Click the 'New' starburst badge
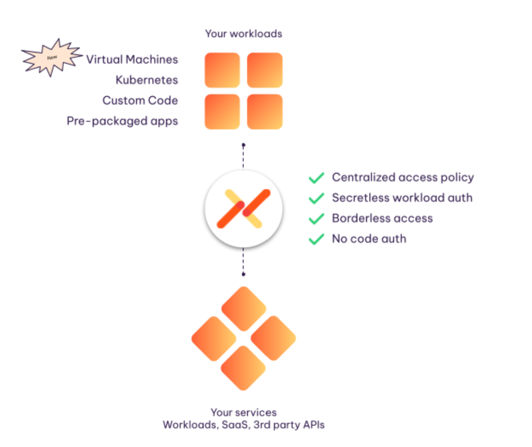[52, 57]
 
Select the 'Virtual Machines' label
[132, 59]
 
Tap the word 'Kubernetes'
[147, 80]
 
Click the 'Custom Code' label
[140, 100]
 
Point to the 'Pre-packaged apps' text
[122, 121]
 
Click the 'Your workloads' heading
[243, 34]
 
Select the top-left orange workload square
[222, 70]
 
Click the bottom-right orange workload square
[265, 112]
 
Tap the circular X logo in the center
[244, 209]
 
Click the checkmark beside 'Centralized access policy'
[317, 178]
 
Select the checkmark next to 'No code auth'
[317, 239]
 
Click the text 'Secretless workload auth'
[402, 198]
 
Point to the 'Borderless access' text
[382, 218]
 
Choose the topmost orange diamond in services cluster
[244, 308]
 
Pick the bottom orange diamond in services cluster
[244, 368]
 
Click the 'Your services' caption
[243, 413]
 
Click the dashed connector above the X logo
[243, 158]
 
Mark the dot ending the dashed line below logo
[243, 274]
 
